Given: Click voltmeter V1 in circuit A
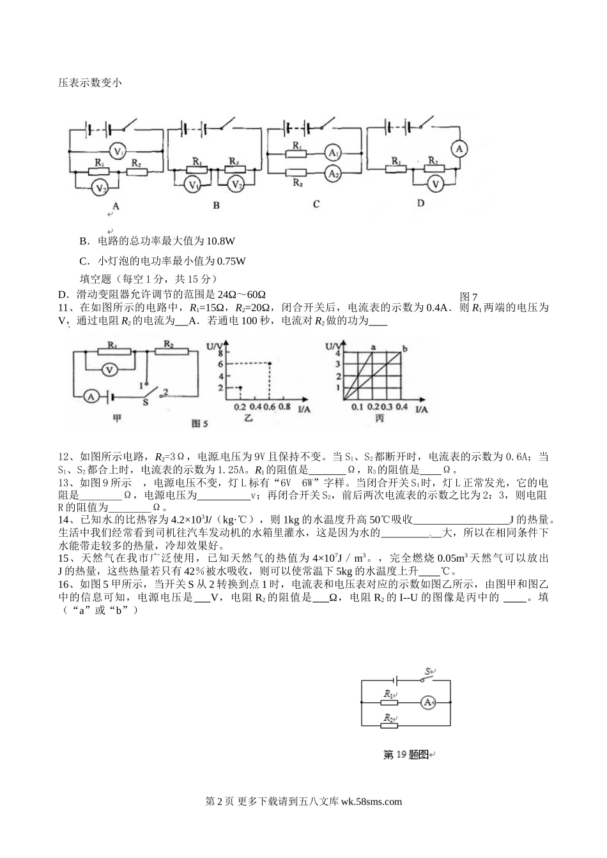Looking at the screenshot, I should pos(118,151).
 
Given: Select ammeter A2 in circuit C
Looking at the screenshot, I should pos(332,172).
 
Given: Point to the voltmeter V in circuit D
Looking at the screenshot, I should pos(436,183).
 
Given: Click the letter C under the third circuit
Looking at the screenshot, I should pos(316,204).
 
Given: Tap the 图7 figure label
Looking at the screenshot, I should pos(469,296).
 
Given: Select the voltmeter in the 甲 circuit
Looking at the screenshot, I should pos(110,368).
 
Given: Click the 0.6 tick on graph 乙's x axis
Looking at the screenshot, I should pos(270,407).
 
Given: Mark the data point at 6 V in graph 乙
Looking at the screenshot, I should pos(270,364).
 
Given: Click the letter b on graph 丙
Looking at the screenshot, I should pos(404,348).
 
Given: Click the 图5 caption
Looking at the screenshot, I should pos(201,423).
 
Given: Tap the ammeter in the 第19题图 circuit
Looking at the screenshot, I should pos(428,702).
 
